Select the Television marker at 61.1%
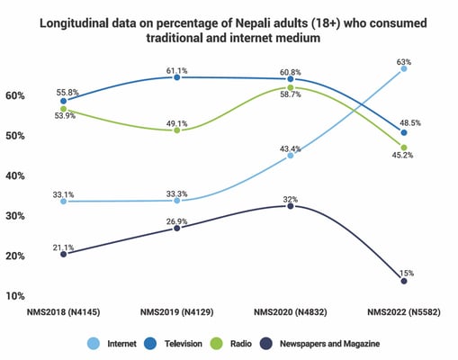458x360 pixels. pyautogui.click(x=177, y=77)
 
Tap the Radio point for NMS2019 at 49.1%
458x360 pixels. pyautogui.click(x=177, y=130)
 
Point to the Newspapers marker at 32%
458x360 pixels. pyautogui.click(x=290, y=206)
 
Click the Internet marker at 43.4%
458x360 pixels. pyautogui.click(x=290, y=155)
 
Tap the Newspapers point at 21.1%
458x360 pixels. pyautogui.click(x=63, y=254)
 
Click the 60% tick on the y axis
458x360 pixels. pyautogui.click(x=15, y=95)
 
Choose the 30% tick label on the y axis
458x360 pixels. pyautogui.click(x=15, y=216)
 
